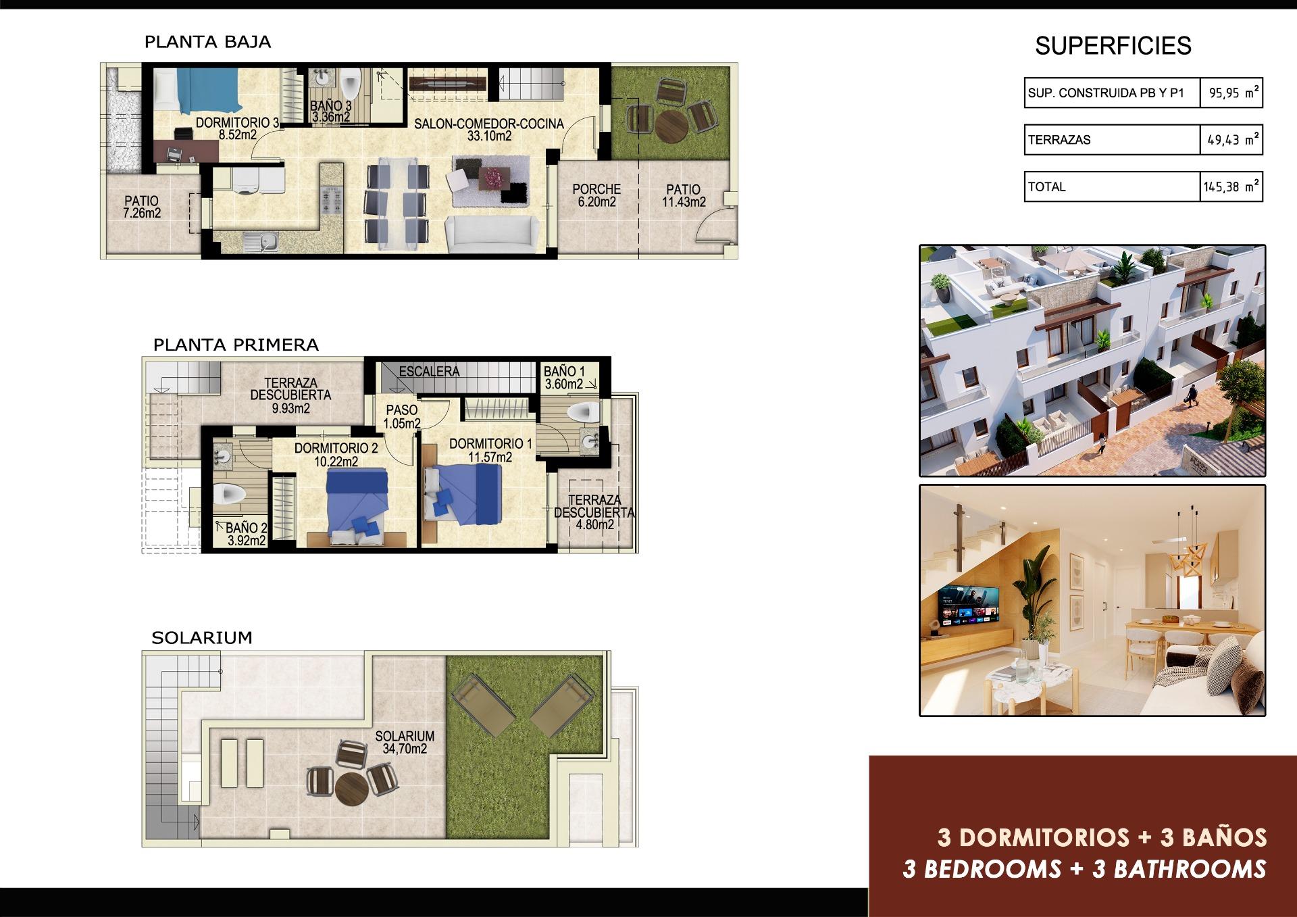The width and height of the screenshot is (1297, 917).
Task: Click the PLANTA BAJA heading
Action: point(207,42)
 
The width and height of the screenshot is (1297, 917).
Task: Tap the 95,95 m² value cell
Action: point(1231,93)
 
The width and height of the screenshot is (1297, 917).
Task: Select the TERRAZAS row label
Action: point(1059,140)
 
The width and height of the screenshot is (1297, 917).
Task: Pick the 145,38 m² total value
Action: point(1231,187)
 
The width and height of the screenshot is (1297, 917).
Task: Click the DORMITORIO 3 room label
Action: point(236,128)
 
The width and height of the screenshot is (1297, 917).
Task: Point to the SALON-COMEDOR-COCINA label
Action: point(489,129)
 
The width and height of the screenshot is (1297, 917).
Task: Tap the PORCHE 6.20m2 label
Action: point(596,195)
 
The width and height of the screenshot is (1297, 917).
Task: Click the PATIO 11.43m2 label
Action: point(684,195)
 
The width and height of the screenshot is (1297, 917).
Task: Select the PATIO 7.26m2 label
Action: point(142,207)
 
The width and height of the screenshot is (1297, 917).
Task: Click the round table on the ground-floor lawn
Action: point(671,124)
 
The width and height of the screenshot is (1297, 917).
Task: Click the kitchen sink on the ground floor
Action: point(259,241)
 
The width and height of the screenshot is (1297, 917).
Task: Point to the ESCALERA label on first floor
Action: point(429,372)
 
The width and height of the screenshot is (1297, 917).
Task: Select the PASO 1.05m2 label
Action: point(402,416)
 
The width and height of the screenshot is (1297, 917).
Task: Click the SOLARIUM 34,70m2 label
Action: point(405,742)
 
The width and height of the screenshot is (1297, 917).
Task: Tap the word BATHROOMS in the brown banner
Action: point(1190,869)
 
